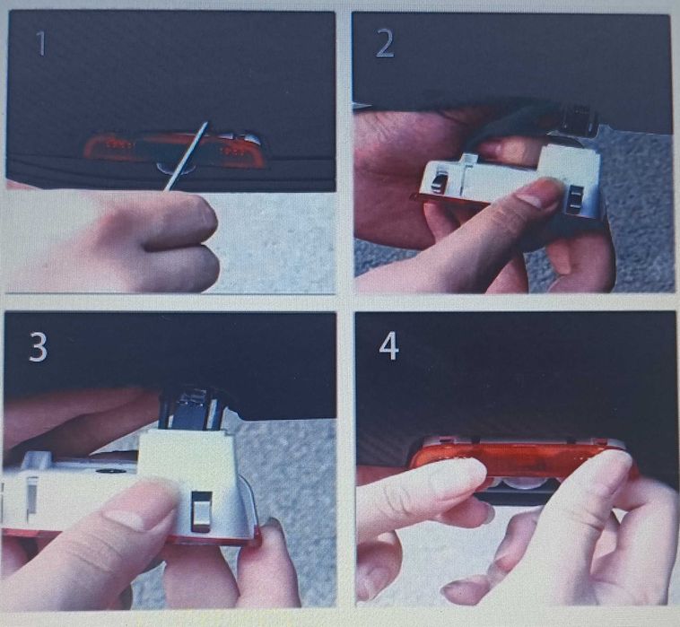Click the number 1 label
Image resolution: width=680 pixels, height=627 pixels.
tap(40, 43)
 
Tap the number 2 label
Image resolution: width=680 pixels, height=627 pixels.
tap(385, 44)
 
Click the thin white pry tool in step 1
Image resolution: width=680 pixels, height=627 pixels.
tap(187, 156)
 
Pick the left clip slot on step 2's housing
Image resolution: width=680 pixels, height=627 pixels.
tap(439, 182)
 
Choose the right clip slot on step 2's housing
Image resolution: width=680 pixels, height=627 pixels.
tap(577, 197)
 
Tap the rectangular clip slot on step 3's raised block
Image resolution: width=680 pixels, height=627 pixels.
tap(201, 510)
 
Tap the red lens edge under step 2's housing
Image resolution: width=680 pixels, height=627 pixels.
tap(423, 198)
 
